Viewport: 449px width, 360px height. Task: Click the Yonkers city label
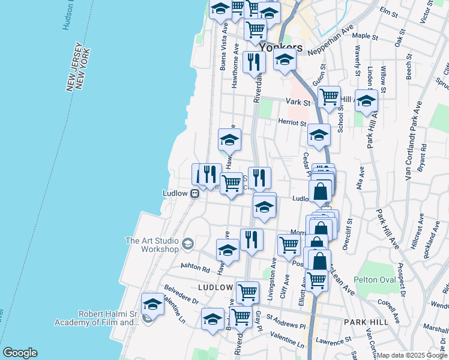point(281,47)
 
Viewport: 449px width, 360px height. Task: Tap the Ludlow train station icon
point(195,193)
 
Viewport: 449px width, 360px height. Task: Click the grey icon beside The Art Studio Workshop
point(188,243)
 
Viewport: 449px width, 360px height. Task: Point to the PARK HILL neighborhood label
point(364,322)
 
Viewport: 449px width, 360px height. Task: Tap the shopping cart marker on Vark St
point(329,98)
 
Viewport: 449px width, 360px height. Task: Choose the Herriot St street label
point(292,122)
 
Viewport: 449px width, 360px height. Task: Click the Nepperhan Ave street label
point(331,41)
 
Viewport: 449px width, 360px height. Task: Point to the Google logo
point(20,353)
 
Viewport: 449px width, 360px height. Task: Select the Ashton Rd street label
point(197,266)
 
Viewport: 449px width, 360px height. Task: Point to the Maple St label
point(366,37)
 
